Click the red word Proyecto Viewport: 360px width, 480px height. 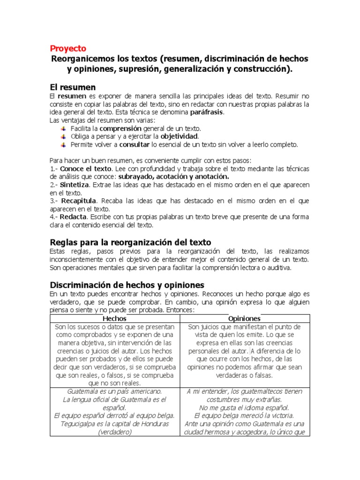coord(68,48)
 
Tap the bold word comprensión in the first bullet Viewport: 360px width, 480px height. coord(120,128)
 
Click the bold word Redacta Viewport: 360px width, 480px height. coord(73,217)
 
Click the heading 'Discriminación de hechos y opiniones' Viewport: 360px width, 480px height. coord(127,285)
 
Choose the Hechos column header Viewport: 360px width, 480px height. coord(114,318)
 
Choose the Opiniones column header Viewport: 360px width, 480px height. coord(244,318)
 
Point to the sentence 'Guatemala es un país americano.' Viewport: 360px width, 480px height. coord(115,391)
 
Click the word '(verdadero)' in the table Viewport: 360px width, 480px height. coord(115,432)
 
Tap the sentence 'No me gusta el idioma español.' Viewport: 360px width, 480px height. coord(244,407)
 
